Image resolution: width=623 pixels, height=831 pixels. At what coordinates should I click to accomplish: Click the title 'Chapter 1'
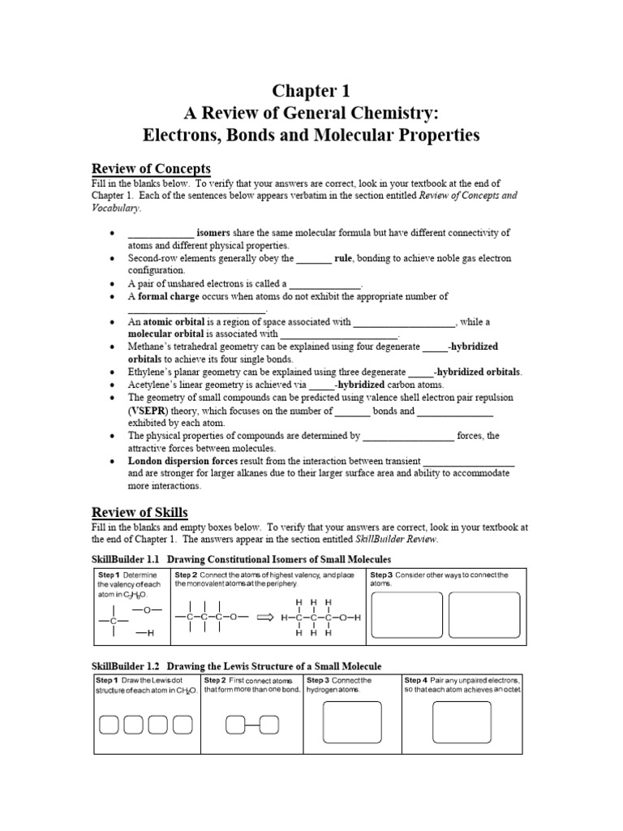pyautogui.click(x=311, y=91)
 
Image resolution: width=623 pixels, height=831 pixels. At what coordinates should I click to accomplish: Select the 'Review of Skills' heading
pyautogui.click(x=139, y=512)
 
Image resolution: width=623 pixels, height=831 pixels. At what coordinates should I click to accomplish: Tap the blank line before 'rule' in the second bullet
pyautogui.click(x=313, y=259)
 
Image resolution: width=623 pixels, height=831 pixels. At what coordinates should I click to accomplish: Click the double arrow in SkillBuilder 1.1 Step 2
pyautogui.click(x=265, y=618)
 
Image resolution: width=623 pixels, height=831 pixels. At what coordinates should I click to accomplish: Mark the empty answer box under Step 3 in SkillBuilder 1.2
pyautogui.click(x=353, y=722)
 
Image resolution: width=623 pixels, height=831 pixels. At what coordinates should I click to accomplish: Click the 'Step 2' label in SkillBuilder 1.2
pyautogui.click(x=216, y=680)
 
